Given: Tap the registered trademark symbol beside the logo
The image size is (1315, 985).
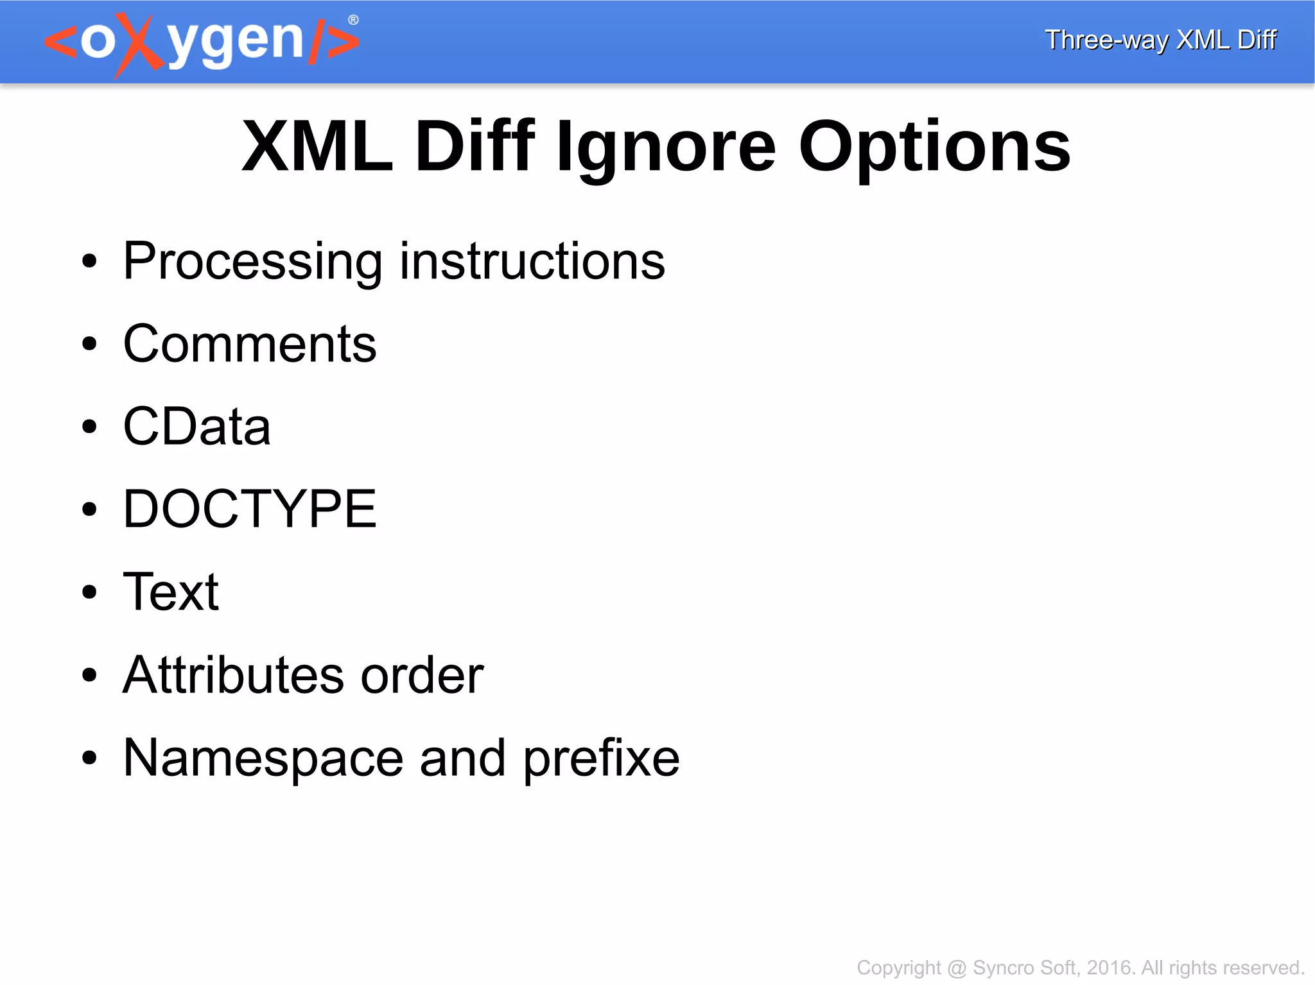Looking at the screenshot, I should coord(353,20).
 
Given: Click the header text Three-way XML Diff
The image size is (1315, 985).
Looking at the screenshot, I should coord(1160,40).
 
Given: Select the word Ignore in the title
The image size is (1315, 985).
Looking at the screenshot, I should coord(666,148).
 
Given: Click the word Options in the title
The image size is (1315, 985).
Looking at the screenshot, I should coord(934,148).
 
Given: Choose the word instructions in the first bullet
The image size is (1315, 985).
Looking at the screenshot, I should coord(532,261).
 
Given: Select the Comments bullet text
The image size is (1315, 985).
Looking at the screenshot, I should coord(249,344).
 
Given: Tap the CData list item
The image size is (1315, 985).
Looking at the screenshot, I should coord(196,427).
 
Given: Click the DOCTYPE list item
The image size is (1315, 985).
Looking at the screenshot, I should coord(249,510).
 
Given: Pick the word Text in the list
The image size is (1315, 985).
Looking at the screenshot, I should coord(171,592).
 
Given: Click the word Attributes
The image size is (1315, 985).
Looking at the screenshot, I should coord(234,675).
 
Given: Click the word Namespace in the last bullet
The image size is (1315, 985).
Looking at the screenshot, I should coord(263,758).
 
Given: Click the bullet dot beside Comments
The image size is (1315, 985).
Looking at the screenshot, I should coord(89,345).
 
